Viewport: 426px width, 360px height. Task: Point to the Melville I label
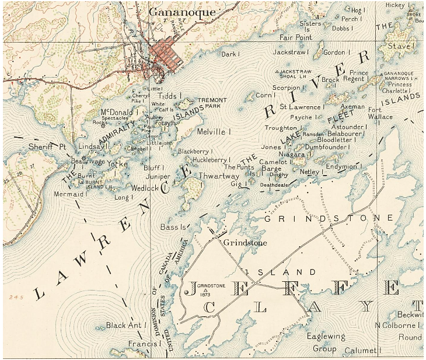tap(214, 132)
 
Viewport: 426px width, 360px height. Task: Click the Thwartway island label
tap(217, 174)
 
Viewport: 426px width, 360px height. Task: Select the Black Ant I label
tap(124, 325)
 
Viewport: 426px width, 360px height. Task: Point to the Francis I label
tap(144, 344)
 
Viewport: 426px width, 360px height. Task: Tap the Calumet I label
tap(361, 350)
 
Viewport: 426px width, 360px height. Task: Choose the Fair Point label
tap(296, 37)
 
